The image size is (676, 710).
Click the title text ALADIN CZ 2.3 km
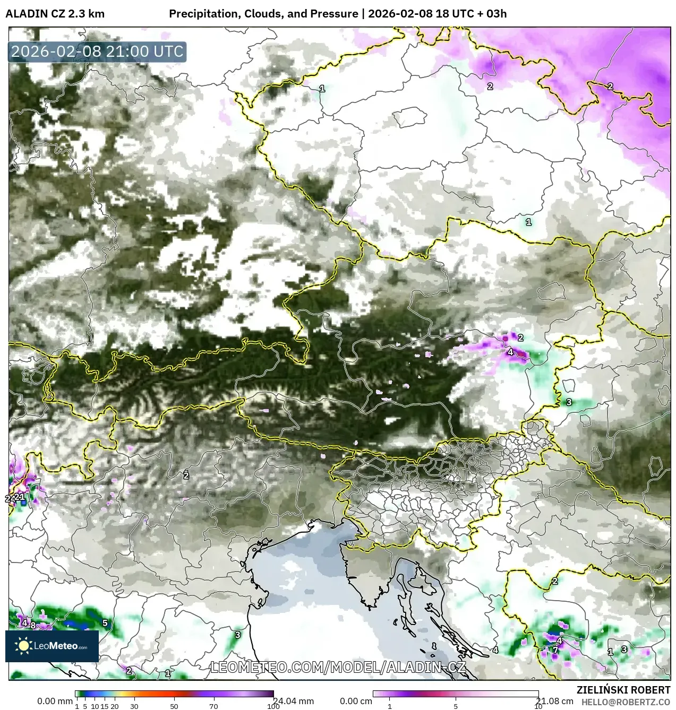point(55,14)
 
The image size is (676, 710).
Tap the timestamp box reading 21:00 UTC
point(97,52)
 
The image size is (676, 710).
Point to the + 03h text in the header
point(491,14)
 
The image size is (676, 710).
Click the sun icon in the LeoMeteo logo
point(23,645)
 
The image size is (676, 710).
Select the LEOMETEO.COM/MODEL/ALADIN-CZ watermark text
point(338,667)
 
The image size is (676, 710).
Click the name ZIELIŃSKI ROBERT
point(623,690)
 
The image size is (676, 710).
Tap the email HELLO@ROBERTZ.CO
point(626,702)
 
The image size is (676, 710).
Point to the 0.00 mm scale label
point(55,702)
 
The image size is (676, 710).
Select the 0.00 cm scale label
point(355,702)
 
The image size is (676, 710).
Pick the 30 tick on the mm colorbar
point(134,706)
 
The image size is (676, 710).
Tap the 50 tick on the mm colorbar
point(174,706)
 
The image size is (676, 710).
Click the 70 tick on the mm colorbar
point(213,706)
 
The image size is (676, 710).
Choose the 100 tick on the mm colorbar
point(273,706)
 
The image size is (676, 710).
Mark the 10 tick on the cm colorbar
point(538,706)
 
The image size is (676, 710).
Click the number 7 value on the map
point(555,650)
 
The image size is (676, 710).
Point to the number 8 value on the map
point(33,626)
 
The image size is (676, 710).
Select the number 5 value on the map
point(105,623)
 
